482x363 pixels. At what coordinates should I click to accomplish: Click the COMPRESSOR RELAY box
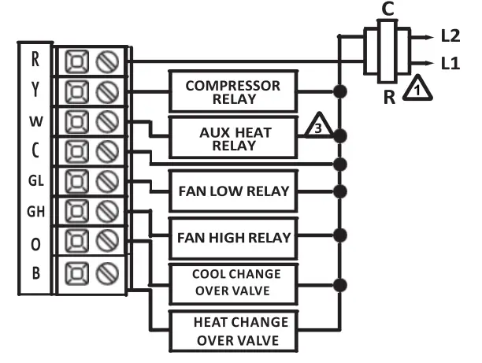pos(233,91)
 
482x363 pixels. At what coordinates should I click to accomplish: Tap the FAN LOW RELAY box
pos(233,191)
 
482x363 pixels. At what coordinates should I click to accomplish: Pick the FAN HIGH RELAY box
pos(233,236)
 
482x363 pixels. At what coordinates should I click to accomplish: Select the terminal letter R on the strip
pos(35,59)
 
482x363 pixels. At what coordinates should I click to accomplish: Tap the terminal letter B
pos(35,274)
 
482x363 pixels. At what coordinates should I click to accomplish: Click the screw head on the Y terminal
pos(106,90)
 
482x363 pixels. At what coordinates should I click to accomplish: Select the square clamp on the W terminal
pos(76,120)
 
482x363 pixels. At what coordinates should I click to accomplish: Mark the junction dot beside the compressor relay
pos(339,91)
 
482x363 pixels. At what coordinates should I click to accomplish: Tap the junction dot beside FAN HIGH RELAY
pos(339,235)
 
